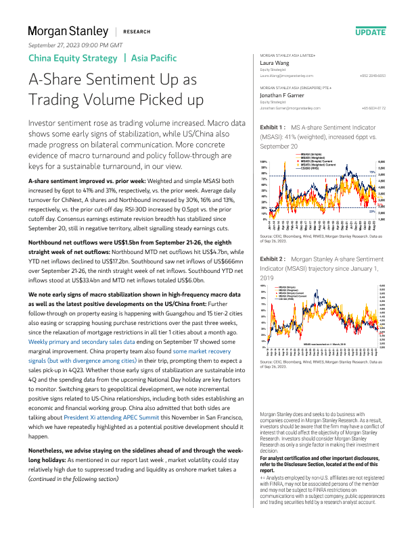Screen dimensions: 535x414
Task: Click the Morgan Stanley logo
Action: coord(68,31)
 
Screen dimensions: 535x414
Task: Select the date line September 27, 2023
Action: coord(75,45)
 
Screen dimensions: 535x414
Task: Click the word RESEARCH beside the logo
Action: coord(137,32)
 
